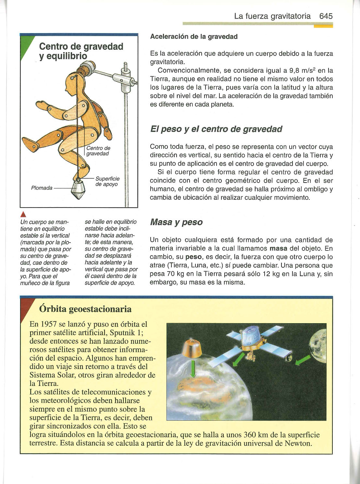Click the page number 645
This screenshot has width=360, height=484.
(x=326, y=16)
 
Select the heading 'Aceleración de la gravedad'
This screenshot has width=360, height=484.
(x=194, y=37)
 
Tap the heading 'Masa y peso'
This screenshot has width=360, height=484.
(x=176, y=223)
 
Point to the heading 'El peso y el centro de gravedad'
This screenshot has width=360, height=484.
(x=216, y=129)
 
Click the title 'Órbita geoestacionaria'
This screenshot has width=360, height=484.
(x=85, y=309)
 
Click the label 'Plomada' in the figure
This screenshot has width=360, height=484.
(x=42, y=188)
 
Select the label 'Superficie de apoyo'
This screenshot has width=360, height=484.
(x=107, y=182)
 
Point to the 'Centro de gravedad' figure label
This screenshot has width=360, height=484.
(x=98, y=151)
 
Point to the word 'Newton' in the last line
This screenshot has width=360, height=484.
(x=298, y=443)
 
